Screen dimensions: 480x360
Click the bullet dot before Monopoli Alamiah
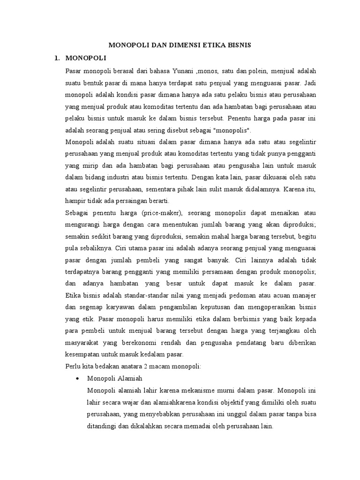pyautogui.click(x=77, y=378)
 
